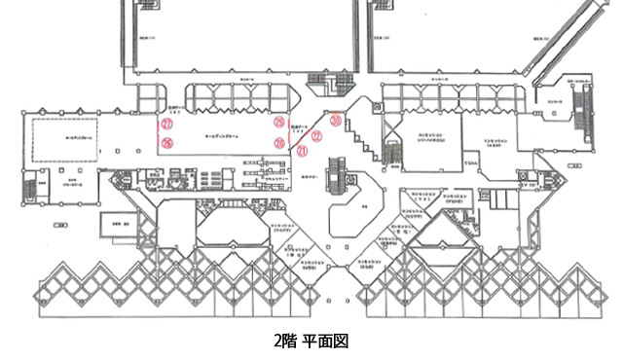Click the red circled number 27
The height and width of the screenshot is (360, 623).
166,126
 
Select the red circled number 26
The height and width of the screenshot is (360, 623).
166,144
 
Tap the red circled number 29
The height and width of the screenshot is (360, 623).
279,123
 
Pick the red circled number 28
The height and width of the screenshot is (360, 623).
279,143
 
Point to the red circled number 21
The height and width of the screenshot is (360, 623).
302,151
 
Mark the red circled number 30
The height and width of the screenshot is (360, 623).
335,121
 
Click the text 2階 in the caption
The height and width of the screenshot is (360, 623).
285,342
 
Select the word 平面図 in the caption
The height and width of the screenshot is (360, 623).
324,342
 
